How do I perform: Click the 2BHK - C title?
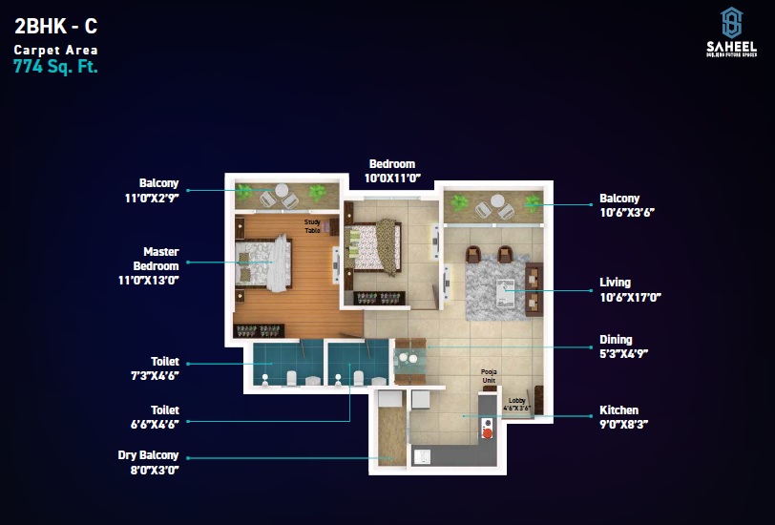(x=55, y=28)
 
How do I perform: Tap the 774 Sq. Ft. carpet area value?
(x=55, y=67)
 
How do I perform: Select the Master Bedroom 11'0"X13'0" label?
(x=160, y=265)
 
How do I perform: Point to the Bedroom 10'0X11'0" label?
(x=392, y=171)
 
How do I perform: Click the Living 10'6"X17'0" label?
(x=629, y=289)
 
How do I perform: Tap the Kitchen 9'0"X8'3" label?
(x=625, y=416)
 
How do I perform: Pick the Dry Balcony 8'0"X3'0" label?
(x=148, y=462)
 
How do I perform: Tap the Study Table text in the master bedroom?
(x=312, y=226)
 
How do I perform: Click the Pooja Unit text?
(x=490, y=377)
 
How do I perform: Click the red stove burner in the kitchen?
(x=487, y=433)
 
